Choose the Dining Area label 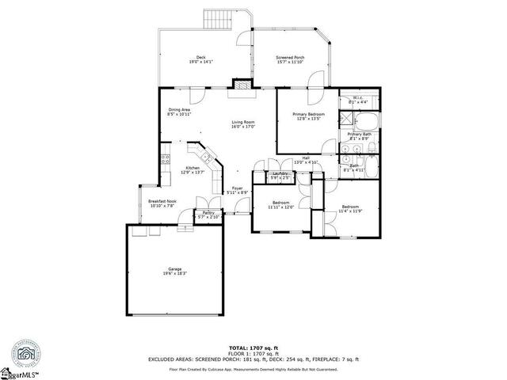[179, 112]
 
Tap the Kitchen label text [193, 169]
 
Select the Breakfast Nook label [162, 203]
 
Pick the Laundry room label [279, 175]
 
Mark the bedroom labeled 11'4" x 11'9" [350, 208]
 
